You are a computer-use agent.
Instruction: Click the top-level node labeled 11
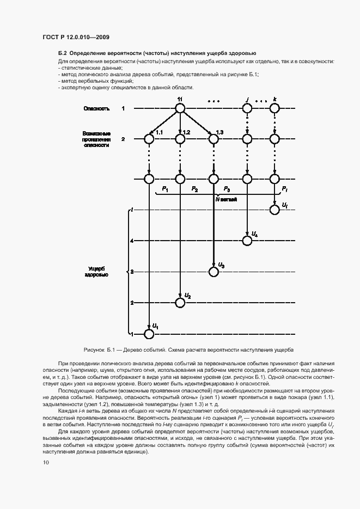180,108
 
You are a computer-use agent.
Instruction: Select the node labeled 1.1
149,139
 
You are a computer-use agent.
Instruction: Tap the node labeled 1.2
180,139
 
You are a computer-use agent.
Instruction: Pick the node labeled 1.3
213,139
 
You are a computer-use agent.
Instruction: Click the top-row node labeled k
275,108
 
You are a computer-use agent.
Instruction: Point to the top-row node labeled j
247,108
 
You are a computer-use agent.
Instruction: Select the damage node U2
180,302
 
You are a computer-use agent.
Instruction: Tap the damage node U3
213,271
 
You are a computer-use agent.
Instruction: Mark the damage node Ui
275,210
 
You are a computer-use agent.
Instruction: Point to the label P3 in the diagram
227,189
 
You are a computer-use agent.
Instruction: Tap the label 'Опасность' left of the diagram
96,109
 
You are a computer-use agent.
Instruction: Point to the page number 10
46,463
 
